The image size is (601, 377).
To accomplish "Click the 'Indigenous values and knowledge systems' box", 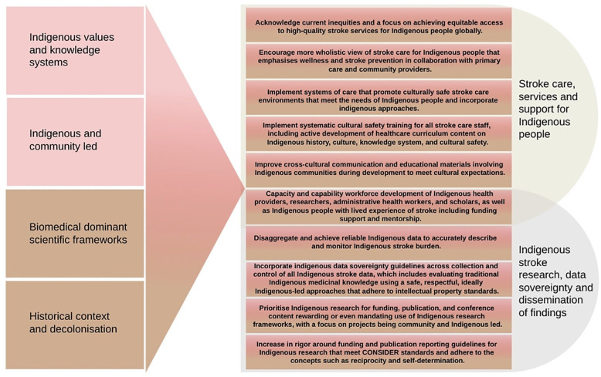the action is point(75,50).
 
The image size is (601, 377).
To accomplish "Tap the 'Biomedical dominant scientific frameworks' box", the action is point(75,234).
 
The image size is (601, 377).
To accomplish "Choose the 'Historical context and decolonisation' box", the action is point(75,323).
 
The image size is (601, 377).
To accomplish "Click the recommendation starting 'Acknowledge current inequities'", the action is point(379,26).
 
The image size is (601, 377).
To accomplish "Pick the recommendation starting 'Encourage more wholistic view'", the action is point(379,60).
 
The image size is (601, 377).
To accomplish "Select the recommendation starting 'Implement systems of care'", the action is point(379,96).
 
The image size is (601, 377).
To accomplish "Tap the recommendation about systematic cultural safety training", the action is point(379,133).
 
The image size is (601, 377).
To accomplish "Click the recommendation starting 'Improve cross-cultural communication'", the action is point(379,168).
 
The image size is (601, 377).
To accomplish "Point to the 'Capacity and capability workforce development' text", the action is point(379,206).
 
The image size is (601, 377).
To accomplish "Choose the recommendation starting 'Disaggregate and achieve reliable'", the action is point(379,241).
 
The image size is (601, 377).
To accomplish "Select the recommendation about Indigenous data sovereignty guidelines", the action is point(379,278).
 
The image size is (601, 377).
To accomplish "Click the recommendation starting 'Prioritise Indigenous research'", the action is point(379,315).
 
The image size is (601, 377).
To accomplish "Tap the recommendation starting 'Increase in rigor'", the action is point(379,351).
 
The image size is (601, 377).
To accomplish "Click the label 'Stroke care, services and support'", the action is point(548,109).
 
